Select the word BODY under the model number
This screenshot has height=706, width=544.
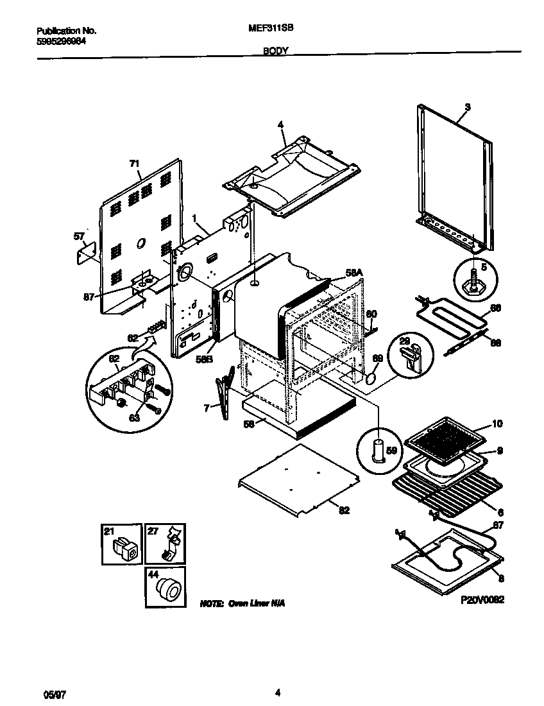(x=275, y=49)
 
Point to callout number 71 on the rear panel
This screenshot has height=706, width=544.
(x=134, y=164)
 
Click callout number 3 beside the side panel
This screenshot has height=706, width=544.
(x=467, y=107)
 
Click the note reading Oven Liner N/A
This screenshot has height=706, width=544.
(x=242, y=604)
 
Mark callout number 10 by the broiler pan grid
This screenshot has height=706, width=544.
(x=498, y=424)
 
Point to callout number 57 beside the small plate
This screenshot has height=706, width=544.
(x=79, y=236)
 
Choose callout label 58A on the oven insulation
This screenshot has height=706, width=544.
(x=354, y=273)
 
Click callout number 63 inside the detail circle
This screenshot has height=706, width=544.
(x=135, y=418)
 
